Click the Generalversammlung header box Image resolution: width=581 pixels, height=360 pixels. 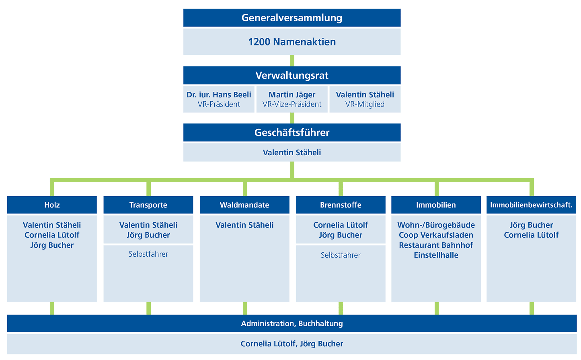(x=292, y=18)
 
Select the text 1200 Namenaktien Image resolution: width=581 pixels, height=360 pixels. (x=292, y=42)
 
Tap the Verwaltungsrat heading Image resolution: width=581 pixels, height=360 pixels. (x=292, y=75)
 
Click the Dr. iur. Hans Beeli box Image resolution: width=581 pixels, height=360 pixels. (x=219, y=99)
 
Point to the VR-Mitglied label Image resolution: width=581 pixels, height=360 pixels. (x=365, y=104)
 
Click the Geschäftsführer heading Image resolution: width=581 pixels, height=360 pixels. (x=292, y=132)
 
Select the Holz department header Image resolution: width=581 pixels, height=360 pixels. (x=52, y=205)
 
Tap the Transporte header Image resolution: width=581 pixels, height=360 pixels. (x=148, y=205)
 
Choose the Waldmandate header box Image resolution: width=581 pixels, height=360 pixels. (x=244, y=205)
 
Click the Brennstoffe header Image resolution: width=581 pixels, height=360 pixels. (x=341, y=205)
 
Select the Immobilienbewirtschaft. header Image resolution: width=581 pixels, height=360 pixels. (x=531, y=205)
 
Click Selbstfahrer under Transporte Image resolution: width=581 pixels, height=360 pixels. (x=148, y=254)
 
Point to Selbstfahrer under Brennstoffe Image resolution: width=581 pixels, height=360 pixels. (x=341, y=255)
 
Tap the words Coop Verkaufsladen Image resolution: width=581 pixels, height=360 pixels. (x=436, y=235)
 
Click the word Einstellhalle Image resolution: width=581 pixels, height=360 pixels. (x=436, y=255)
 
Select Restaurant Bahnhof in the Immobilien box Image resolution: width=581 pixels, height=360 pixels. (x=436, y=245)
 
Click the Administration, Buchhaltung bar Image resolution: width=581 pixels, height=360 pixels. (x=292, y=323)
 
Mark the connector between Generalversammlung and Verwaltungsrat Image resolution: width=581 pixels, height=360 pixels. (x=292, y=60)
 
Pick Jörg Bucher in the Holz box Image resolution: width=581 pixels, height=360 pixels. (x=52, y=245)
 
